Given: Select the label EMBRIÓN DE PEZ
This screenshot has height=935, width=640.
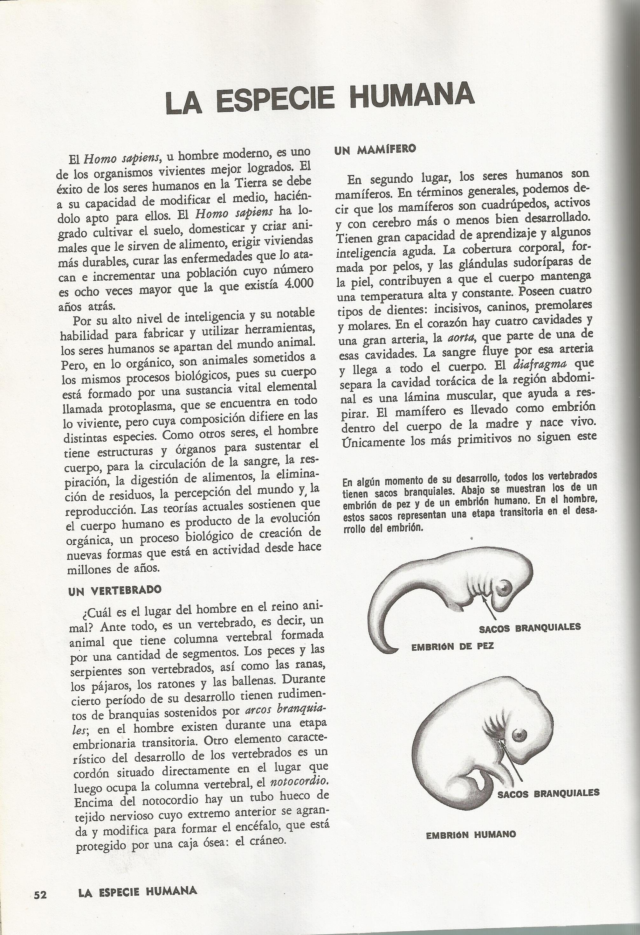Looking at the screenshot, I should (x=452, y=646).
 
